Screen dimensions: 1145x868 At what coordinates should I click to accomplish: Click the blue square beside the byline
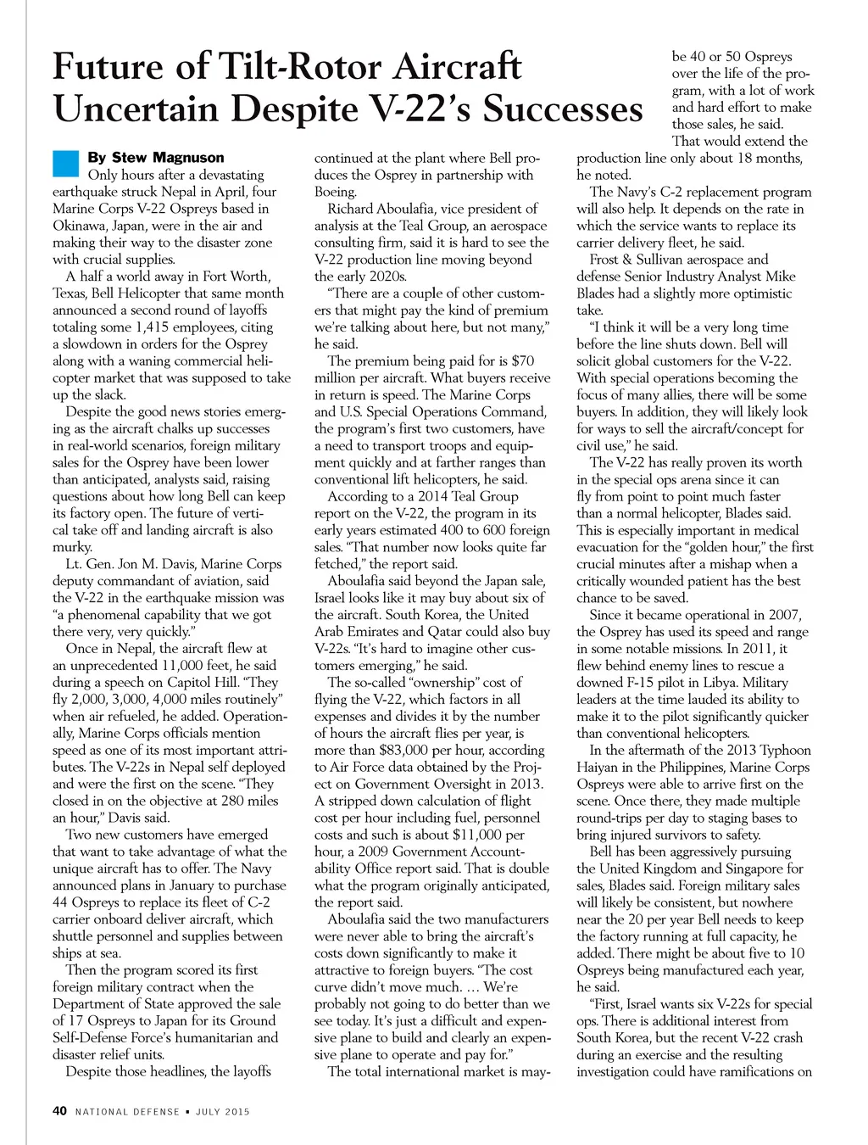tap(65, 162)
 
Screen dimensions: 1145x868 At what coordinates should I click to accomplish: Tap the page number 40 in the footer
tap(59, 1111)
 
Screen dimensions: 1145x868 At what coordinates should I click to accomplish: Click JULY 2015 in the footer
tap(223, 1112)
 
